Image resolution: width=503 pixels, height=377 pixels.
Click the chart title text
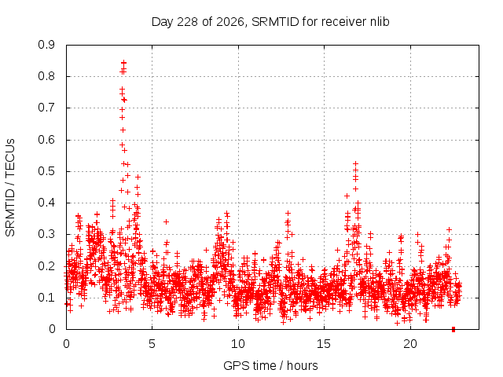coord(270,22)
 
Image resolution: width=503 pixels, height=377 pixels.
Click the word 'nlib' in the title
coord(380,22)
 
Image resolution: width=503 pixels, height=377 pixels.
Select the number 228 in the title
coord(188,22)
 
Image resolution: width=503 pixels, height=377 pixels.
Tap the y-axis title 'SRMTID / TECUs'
coord(10,188)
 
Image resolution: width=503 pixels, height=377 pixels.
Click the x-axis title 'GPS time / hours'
coord(270,365)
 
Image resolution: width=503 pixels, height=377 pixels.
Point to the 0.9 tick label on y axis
coord(46,45)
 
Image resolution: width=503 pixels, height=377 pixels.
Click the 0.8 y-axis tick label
coord(46,76)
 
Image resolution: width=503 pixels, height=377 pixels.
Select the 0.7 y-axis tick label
coord(46,108)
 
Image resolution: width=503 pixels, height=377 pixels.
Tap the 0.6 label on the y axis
coord(46,140)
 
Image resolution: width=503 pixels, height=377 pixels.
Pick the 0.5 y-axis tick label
coord(46,171)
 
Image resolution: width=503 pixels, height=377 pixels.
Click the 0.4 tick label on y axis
coord(46,203)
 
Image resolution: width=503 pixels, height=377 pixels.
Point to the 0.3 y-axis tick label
coord(46,234)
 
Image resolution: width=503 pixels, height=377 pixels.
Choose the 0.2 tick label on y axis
coord(46,266)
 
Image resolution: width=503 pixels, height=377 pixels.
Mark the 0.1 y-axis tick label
coord(46,298)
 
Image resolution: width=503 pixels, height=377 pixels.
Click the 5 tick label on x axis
coord(152,344)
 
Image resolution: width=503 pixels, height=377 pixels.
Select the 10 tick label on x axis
coord(238,344)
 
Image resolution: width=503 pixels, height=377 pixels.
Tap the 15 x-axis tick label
coord(324,344)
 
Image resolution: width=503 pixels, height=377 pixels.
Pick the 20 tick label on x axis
coord(410,344)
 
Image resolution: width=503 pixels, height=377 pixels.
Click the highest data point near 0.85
coord(124,63)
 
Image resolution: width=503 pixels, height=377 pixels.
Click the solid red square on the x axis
coord(453,329)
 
